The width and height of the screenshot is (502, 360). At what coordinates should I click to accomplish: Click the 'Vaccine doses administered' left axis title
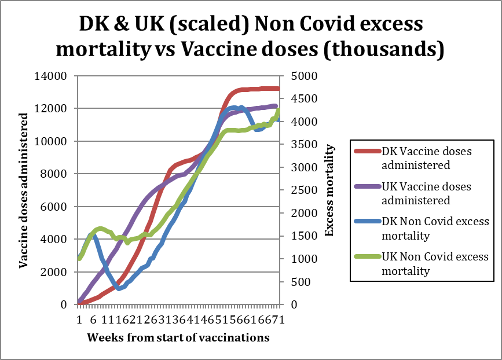[24, 190]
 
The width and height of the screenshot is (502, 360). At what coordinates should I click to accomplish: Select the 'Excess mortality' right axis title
[329, 190]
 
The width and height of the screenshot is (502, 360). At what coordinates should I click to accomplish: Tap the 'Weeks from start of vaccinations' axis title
[178, 337]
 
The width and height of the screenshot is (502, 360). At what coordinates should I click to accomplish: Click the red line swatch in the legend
[367, 152]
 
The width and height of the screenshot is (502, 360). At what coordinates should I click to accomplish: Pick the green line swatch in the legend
[367, 257]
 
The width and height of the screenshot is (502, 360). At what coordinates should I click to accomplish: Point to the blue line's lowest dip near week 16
[119, 288]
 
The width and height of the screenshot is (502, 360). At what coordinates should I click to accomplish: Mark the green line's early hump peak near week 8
[100, 229]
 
